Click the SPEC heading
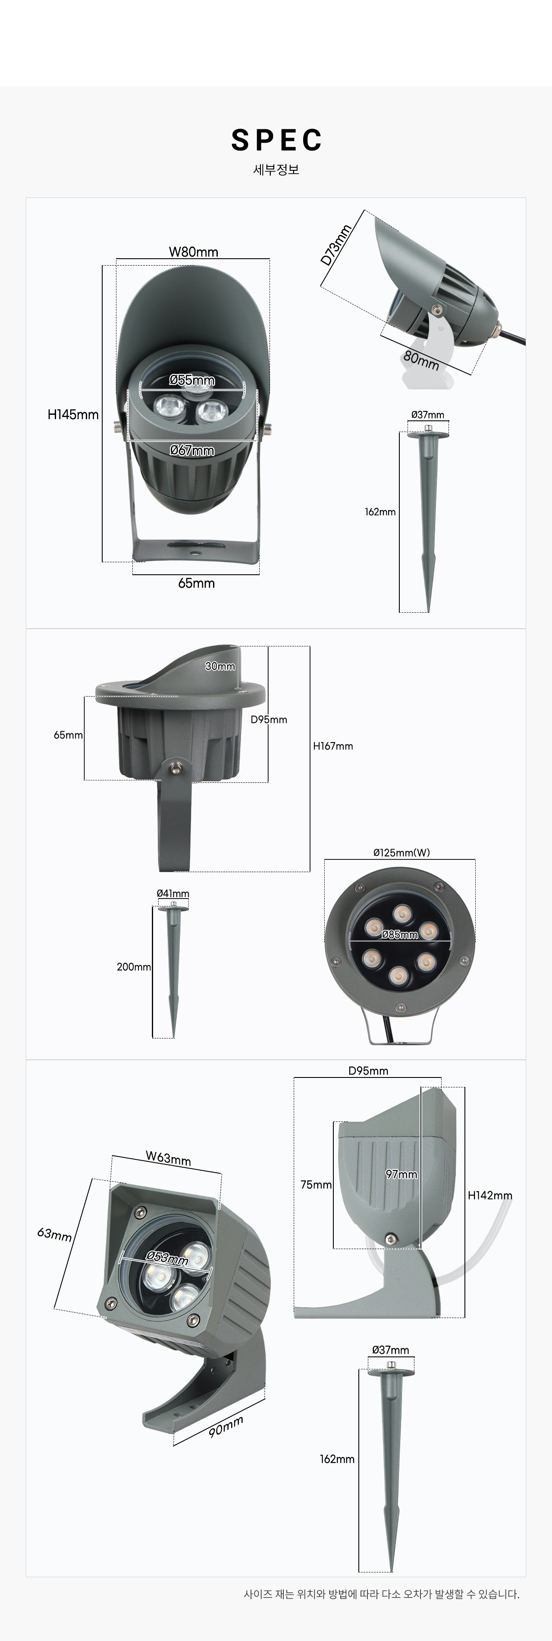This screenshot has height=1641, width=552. click(x=276, y=140)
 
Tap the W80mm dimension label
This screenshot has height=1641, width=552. click(x=193, y=252)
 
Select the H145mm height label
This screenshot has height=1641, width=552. click(x=73, y=415)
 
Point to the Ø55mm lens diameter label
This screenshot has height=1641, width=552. click(x=192, y=380)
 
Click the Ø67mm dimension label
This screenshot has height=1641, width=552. click(x=192, y=451)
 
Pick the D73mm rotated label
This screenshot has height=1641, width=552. click(x=336, y=244)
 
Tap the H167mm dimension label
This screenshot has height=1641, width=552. click(x=333, y=746)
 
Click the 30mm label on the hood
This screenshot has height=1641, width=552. click(x=220, y=666)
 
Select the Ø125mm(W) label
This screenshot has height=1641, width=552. click(x=401, y=852)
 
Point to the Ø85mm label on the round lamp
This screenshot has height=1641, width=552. click(x=400, y=934)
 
